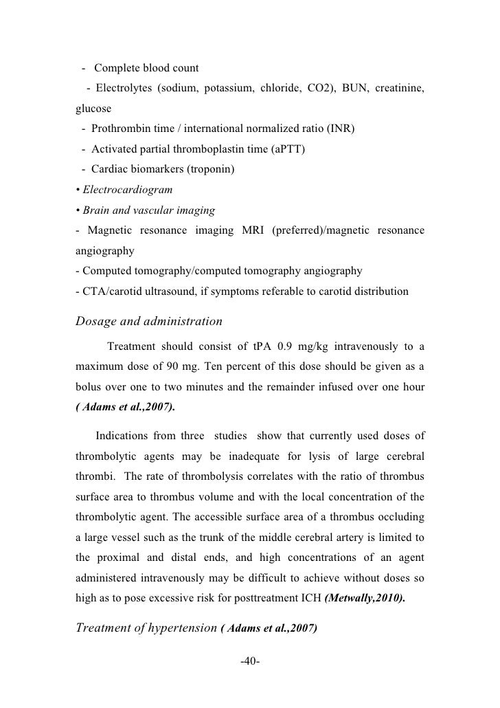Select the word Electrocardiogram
pyautogui.click(x=126, y=188)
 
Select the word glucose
pyautogui.click(x=92, y=109)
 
